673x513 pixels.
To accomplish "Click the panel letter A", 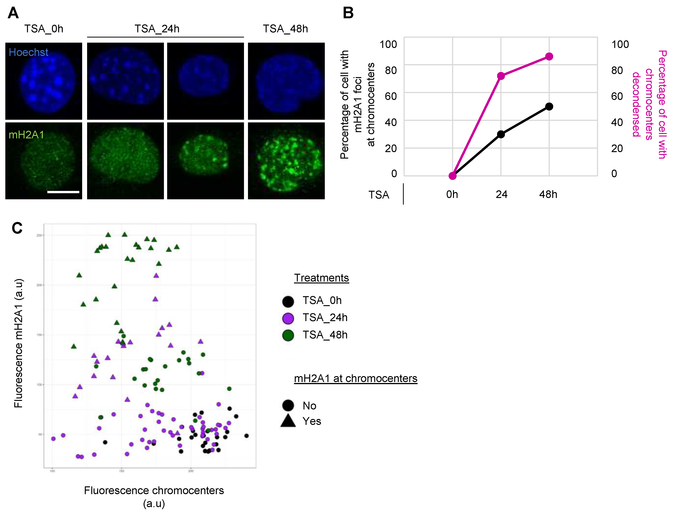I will click(13, 13).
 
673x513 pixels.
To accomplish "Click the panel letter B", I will click(348, 13).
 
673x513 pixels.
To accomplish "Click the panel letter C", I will click(17, 228).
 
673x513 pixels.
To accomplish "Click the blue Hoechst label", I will click(28, 52).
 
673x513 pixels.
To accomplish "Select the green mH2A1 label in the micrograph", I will click(26, 135).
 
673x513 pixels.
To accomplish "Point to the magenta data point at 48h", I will click(549, 57).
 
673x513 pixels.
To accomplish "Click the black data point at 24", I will click(501, 134).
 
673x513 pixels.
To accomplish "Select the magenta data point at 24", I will click(501, 76).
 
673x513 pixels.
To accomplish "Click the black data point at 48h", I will click(549, 107).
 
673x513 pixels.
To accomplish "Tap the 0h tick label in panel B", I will click(452, 194).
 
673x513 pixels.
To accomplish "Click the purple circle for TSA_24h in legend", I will click(288, 318).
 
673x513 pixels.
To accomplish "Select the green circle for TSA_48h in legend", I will click(288, 335).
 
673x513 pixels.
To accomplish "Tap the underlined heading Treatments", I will click(321, 278).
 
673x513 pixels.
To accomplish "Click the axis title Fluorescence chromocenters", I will click(154, 490).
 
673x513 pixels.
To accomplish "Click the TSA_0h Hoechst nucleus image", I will click(44, 81).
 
